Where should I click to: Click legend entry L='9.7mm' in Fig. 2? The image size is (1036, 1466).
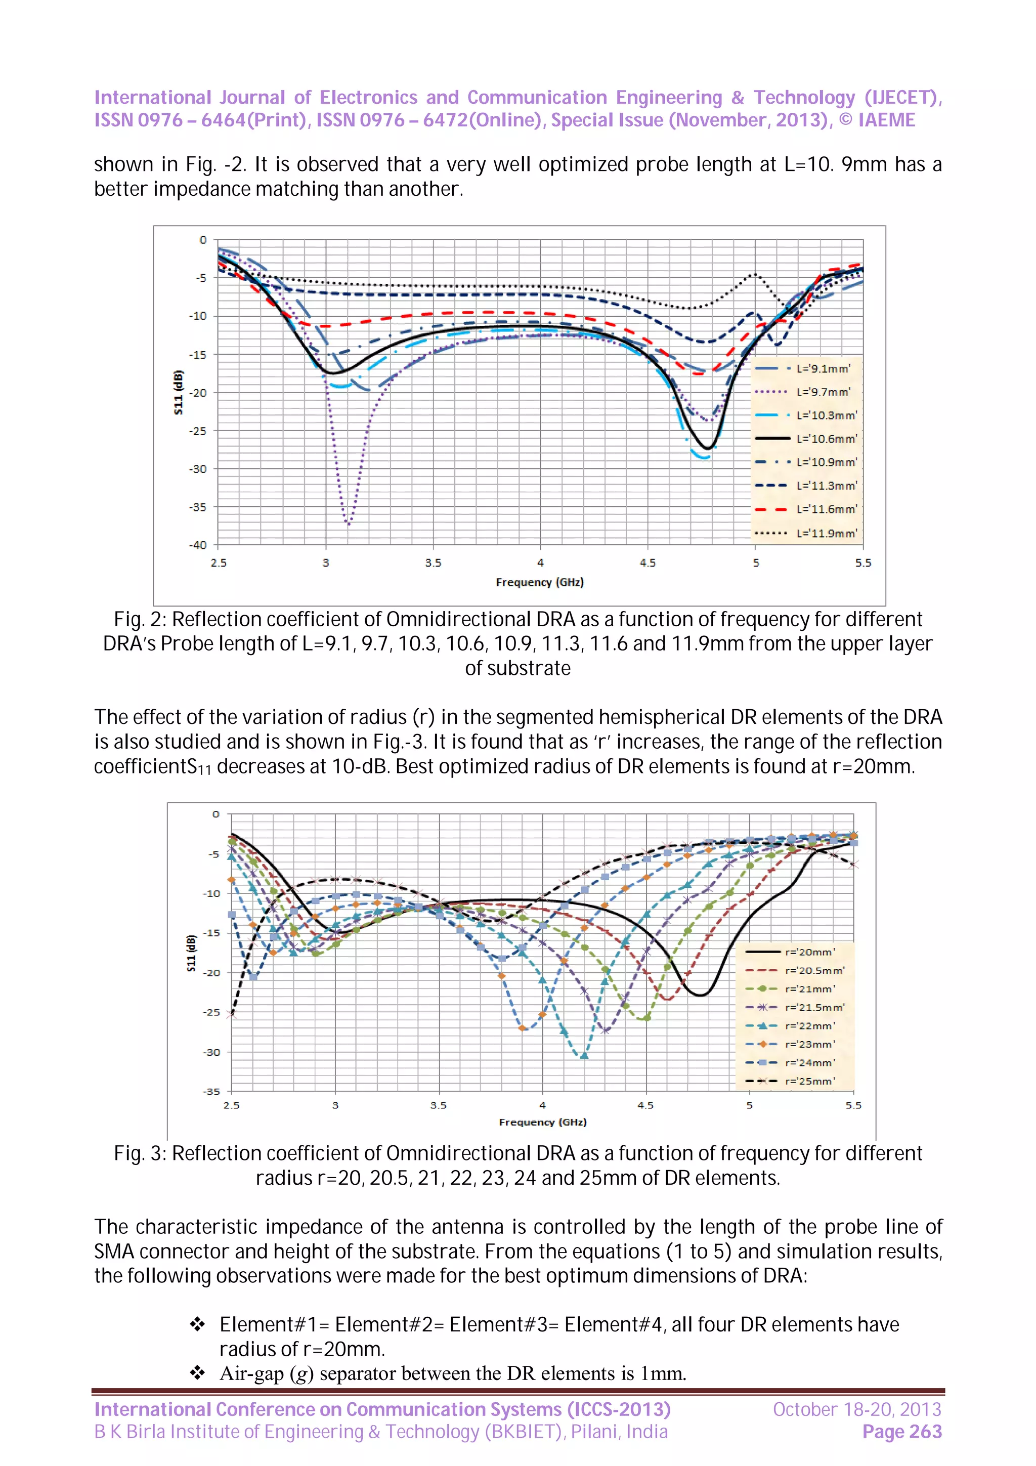click(x=823, y=392)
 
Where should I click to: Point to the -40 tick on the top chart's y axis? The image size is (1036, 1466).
click(x=198, y=545)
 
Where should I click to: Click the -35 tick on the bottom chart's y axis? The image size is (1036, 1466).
click(x=212, y=1091)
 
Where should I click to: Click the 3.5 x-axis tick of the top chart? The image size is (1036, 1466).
click(x=433, y=563)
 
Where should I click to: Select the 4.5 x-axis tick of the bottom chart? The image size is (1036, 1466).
click(x=645, y=1105)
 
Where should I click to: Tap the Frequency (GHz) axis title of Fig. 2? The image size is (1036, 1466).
click(x=539, y=582)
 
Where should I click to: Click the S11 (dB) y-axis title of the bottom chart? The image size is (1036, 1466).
click(x=191, y=953)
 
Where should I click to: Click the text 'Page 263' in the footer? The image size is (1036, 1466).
click(x=901, y=1432)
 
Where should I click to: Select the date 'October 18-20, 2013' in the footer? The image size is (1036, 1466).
click(x=856, y=1409)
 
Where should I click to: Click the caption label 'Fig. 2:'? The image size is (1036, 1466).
click(x=140, y=619)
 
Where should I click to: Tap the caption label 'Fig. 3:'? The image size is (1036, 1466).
click(x=140, y=1153)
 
